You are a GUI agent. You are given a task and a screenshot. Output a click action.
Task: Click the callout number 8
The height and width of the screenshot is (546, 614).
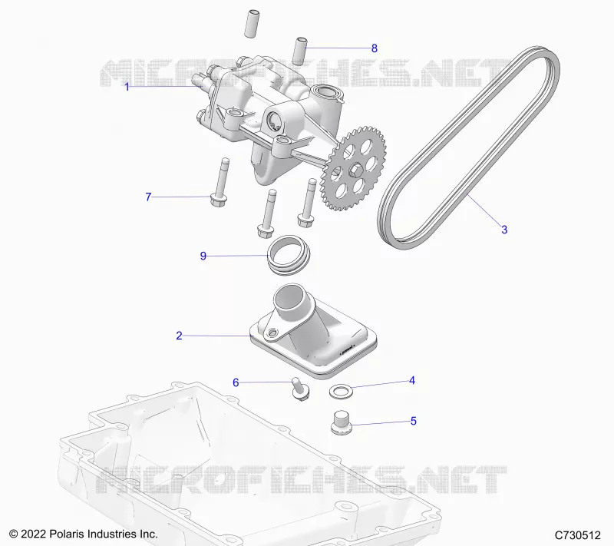(x=374, y=48)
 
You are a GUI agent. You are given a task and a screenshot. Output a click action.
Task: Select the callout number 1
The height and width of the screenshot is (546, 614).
(x=127, y=87)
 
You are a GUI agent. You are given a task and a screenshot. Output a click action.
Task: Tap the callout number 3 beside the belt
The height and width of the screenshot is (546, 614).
(x=504, y=230)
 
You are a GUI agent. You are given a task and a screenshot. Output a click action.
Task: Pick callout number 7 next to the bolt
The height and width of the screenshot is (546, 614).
(x=148, y=197)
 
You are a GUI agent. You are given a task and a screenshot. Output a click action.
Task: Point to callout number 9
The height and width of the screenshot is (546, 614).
(x=203, y=256)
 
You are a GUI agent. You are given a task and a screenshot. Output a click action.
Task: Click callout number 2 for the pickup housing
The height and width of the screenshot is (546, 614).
(x=179, y=336)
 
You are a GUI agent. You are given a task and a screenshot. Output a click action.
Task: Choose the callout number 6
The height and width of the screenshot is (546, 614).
(x=236, y=382)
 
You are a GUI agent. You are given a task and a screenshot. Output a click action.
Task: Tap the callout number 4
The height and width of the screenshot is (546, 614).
(x=412, y=380)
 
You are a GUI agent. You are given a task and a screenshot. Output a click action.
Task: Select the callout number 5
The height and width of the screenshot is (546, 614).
(x=414, y=421)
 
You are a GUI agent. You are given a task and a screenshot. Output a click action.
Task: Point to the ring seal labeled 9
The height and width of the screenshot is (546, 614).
(x=289, y=255)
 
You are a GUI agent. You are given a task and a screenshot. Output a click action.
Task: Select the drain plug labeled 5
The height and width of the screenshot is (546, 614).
(x=342, y=422)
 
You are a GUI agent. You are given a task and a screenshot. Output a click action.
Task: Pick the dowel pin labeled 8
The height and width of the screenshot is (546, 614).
(x=300, y=51)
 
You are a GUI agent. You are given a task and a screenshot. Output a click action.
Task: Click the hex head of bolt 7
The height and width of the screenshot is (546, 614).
(x=218, y=201)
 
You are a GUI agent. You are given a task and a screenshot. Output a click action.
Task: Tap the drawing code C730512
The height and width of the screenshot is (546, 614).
(x=578, y=535)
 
